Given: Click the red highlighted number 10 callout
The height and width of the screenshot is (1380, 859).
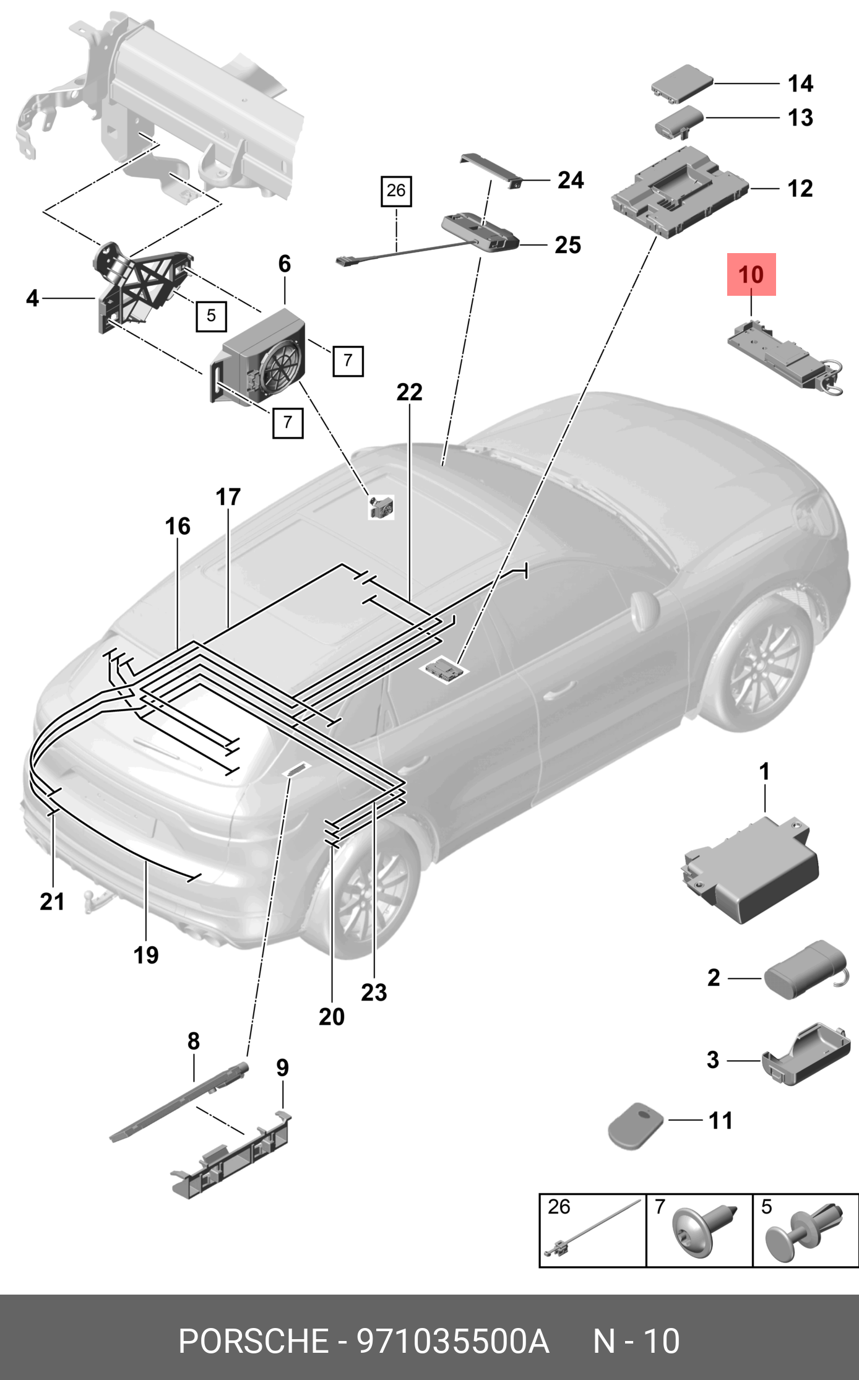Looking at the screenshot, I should click(751, 275).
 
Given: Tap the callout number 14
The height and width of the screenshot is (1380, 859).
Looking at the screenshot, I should click(800, 84).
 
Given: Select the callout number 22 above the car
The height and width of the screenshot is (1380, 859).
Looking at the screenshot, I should click(409, 392).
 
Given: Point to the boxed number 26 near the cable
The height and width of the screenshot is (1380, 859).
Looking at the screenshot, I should click(396, 191).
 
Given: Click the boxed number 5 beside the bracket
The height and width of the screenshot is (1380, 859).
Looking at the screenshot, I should click(211, 316).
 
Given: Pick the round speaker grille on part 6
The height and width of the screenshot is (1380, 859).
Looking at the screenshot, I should click(282, 369).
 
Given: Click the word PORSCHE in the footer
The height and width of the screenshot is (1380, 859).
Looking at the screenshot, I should click(253, 1342).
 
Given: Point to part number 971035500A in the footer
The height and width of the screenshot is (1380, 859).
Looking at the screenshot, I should click(452, 1342).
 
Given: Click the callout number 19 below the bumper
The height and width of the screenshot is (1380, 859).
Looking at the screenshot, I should click(146, 955).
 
